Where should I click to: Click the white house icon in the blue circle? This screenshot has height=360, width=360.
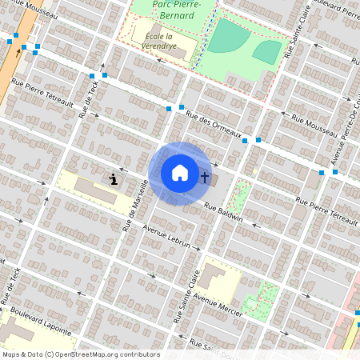tap(180, 173)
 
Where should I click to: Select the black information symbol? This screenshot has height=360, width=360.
tap(114, 178)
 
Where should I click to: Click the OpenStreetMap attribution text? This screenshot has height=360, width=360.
tap(81, 354)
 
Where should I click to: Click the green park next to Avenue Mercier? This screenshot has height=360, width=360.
tap(262, 298)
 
